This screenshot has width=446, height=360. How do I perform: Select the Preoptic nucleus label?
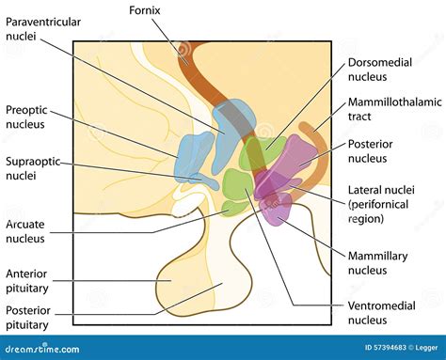click(28, 116)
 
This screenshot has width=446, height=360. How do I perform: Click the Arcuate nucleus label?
click(28, 232)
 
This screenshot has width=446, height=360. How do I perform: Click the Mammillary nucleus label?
click(380, 261)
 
